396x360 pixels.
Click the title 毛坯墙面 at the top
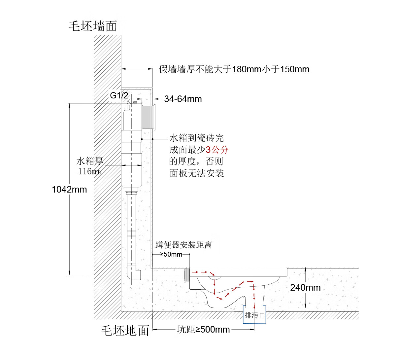pos(93,26)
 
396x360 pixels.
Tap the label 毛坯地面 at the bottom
pos(125,330)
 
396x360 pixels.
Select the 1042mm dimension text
pos(69,190)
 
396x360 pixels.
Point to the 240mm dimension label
pos(305,288)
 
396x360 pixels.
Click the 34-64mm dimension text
pos(183,99)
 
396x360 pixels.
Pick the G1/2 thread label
pos(119,96)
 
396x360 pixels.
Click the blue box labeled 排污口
pos(254,315)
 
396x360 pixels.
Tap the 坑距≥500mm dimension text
pos(203,330)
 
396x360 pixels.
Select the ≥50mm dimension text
pos(171,254)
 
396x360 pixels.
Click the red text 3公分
pos(217,150)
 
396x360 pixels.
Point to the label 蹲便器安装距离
pos(183,245)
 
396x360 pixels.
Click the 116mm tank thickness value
pos(89,172)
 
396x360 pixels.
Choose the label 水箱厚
pos(90,161)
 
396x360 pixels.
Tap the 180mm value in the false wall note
pos(247,69)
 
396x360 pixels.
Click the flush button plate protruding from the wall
pos(153,117)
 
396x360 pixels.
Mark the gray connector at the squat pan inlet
pos(187,274)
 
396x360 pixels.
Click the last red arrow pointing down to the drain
pos(254,302)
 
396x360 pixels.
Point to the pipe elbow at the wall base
pos(132,275)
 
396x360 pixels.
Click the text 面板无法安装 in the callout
pos(197,173)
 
